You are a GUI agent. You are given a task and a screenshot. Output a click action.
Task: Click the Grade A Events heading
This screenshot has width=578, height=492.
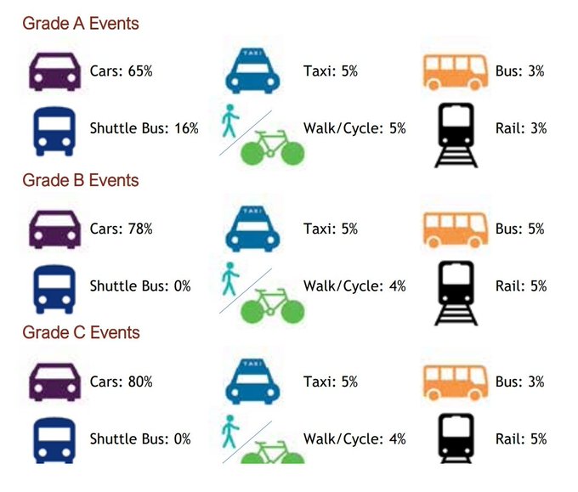tap(80, 24)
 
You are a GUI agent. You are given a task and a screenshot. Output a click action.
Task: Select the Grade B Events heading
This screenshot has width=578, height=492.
tap(80, 181)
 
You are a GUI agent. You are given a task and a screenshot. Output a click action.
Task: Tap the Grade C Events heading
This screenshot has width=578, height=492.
tap(80, 332)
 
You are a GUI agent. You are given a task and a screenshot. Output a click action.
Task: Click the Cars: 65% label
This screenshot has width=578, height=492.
tap(121, 71)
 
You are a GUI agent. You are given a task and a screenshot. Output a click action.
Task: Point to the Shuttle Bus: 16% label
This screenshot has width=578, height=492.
tap(144, 128)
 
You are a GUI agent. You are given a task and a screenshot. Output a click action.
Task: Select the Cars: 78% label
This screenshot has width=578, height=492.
tap(121, 229)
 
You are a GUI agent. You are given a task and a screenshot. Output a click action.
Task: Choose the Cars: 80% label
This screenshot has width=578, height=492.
tap(121, 382)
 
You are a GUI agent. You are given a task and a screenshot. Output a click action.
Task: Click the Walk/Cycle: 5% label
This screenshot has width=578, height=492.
tap(354, 128)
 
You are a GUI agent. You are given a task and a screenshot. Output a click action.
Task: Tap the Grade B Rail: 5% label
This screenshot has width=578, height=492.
tap(520, 286)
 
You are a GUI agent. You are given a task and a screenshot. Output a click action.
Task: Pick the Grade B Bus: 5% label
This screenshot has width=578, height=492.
tap(519, 229)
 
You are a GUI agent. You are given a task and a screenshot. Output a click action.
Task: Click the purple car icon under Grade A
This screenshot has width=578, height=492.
tap(55, 71)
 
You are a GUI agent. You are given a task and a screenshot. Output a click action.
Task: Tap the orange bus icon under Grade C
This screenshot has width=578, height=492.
tap(455, 382)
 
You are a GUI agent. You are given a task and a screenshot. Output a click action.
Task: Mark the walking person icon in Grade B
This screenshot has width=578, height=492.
tap(228, 278)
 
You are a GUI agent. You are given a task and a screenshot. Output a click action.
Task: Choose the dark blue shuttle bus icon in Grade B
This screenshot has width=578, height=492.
tap(55, 287)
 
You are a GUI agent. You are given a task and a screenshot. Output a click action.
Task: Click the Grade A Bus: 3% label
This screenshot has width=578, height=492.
tap(519, 71)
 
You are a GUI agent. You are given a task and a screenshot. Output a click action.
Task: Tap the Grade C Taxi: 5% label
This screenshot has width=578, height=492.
tap(331, 382)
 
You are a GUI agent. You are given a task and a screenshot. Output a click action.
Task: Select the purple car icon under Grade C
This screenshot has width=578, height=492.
tap(55, 382)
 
